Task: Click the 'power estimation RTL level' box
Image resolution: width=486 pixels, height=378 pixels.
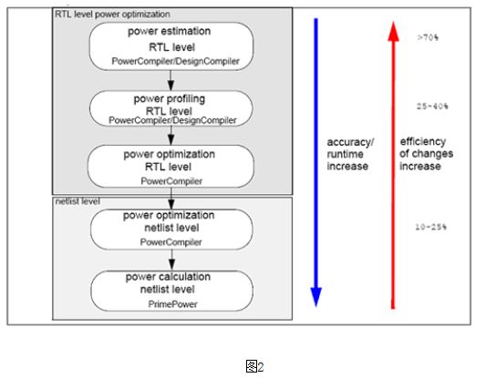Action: coord(171,46)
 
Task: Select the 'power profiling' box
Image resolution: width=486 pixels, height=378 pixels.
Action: coord(171,108)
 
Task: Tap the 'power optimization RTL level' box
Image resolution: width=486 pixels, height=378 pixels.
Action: coord(171,167)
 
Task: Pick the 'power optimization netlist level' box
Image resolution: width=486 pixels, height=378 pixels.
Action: coord(171,230)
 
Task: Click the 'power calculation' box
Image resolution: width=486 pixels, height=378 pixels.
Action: coord(171,291)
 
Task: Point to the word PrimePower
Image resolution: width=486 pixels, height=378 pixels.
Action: coord(172,304)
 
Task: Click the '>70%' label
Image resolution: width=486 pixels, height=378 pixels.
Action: coord(428,37)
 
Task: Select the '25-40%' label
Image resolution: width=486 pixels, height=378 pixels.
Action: coord(432,107)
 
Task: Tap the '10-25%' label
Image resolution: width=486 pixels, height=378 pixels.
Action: coord(430,227)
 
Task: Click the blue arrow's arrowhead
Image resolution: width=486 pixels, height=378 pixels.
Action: coord(316,297)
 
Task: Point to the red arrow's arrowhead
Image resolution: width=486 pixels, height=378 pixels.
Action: coord(393,31)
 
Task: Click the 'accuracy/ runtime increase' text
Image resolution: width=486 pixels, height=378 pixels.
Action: coord(350,154)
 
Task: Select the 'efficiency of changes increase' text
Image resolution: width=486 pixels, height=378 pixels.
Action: coord(426,154)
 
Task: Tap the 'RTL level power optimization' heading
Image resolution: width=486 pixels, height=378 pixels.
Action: coord(112,15)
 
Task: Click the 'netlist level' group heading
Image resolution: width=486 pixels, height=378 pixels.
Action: coord(78,201)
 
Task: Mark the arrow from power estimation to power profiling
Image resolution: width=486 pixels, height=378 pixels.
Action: coord(171,80)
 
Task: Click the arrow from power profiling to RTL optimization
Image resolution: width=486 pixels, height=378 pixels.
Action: coord(171,136)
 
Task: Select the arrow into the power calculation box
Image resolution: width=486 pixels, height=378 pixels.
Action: coord(171,261)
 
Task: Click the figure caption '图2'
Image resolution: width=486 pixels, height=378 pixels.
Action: coord(254,366)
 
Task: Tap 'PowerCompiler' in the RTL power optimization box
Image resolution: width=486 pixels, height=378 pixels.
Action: coord(171,181)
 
